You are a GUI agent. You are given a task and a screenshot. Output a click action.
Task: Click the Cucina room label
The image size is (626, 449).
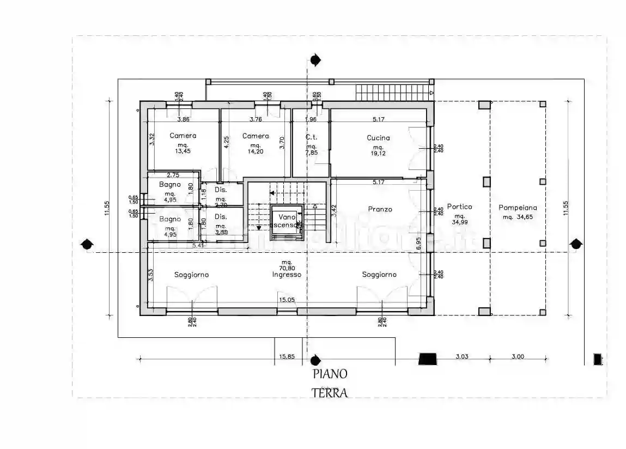[x=378, y=138]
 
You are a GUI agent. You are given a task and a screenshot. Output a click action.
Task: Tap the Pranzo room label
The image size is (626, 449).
[x=379, y=209]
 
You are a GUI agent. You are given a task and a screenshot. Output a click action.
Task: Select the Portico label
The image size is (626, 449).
[x=459, y=207]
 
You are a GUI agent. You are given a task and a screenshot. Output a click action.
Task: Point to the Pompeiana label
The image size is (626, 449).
[x=518, y=207]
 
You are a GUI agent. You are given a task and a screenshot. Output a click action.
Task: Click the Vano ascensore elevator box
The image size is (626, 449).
[x=287, y=222]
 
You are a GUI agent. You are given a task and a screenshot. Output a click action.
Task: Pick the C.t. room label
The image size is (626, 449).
[x=311, y=137]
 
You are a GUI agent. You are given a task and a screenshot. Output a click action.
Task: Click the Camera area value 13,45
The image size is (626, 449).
[x=183, y=152]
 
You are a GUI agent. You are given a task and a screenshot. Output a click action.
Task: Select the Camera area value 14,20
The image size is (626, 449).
[x=255, y=152]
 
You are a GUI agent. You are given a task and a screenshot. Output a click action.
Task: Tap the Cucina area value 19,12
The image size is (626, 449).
[x=378, y=154]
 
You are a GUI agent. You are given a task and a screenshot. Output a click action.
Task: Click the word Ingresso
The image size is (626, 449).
[x=287, y=275]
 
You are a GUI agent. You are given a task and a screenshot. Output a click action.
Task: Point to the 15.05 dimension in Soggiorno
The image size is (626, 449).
[x=287, y=300]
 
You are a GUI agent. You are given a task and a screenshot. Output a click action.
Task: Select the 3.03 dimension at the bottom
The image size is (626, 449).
[x=461, y=357]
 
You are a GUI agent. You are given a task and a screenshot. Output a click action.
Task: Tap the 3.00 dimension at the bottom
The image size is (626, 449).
[x=518, y=357]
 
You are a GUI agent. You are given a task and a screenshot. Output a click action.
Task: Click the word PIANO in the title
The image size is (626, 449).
[x=330, y=374]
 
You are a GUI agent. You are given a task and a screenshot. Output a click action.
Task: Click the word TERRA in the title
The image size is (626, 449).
[x=330, y=392]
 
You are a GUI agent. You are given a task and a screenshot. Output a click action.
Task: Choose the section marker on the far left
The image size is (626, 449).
[x=86, y=244]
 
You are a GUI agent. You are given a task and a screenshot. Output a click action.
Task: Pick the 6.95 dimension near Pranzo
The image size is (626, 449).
[x=418, y=244]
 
